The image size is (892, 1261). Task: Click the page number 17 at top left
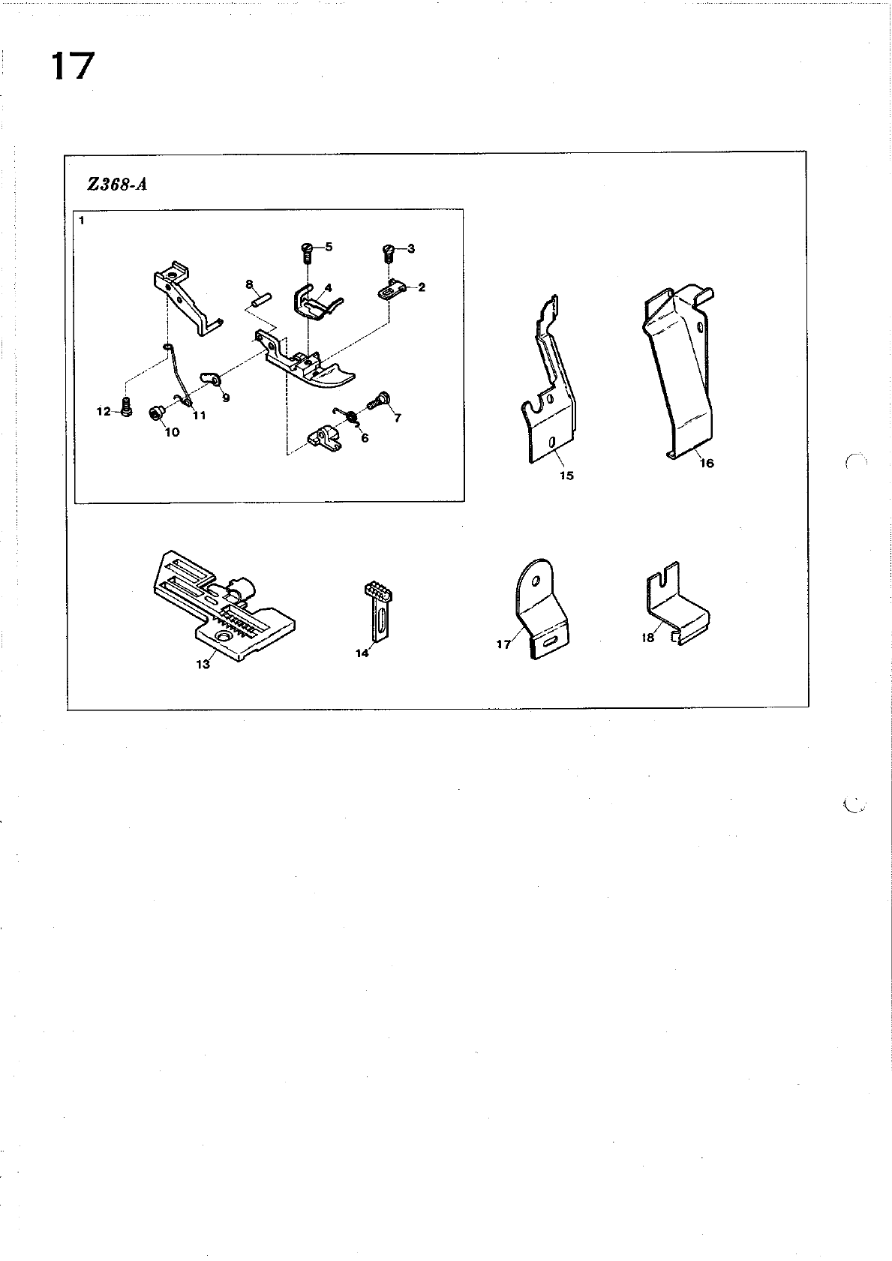(x=73, y=66)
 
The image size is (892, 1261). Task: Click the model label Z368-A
(x=117, y=185)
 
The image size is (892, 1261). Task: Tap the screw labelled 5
(x=306, y=252)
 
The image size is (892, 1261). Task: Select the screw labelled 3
(x=389, y=253)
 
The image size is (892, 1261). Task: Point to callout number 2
(x=422, y=287)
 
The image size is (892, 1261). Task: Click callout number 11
(x=200, y=415)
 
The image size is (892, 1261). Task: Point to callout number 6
(x=365, y=438)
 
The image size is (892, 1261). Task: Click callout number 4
(x=328, y=287)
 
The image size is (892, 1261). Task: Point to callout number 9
(x=225, y=398)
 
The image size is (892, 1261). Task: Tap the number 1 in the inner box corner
(x=82, y=221)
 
